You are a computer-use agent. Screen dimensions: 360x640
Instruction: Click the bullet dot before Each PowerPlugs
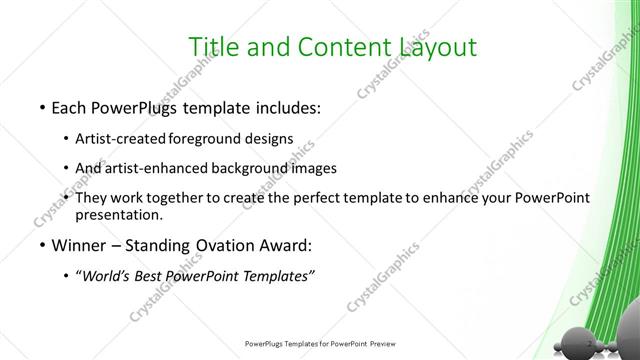(40, 106)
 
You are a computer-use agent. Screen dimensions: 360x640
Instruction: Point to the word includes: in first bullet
(285, 106)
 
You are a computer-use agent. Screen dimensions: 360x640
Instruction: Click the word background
(255, 168)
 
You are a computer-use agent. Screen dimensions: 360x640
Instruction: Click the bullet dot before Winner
(40, 246)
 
